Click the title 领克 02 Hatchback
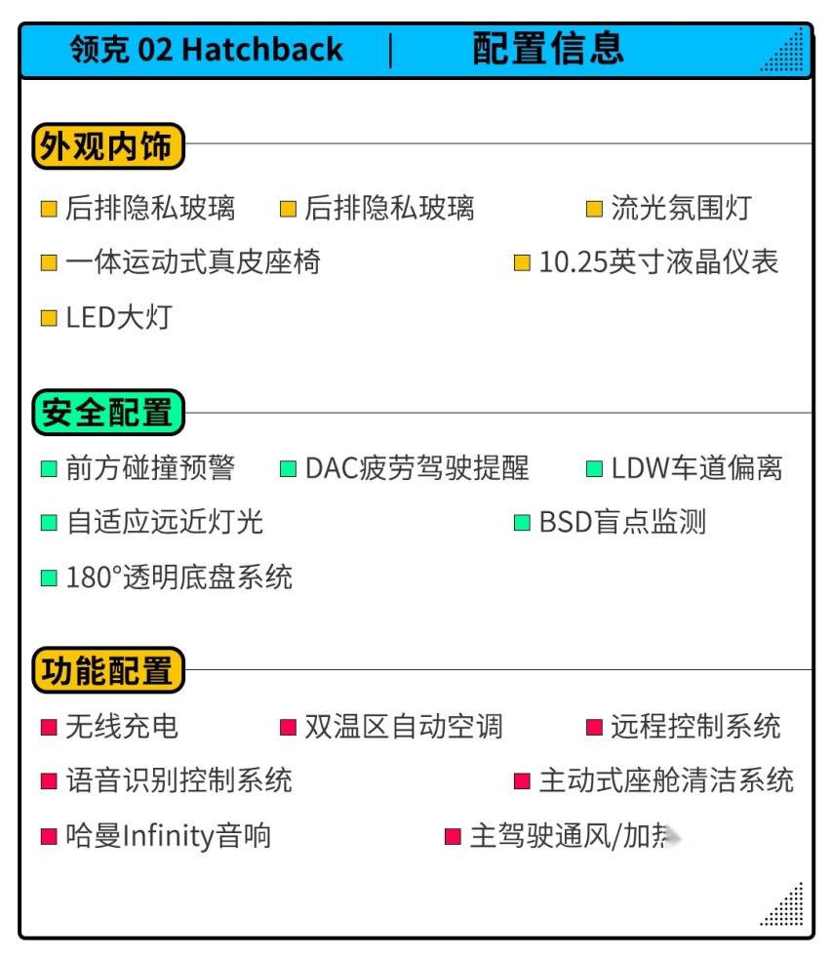point(206,49)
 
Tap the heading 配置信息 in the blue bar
point(548,48)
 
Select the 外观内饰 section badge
point(108,146)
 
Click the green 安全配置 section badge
point(108,412)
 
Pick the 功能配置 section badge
point(108,670)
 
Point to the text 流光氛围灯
point(682,208)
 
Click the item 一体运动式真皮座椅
point(193,262)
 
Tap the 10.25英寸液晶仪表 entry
point(659,262)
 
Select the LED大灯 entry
point(119,317)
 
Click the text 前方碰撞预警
point(150,468)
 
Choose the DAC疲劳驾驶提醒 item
point(416,468)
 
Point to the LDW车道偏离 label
point(696,468)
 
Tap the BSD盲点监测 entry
point(622,523)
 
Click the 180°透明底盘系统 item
point(178,578)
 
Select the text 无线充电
point(122,727)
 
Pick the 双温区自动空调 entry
point(403,727)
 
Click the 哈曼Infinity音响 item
point(169,836)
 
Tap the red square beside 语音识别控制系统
point(49,781)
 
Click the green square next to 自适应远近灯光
point(49,523)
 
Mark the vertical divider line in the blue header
point(390,50)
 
